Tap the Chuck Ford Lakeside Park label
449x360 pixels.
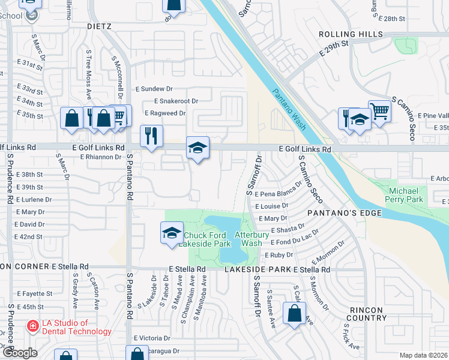[207, 239]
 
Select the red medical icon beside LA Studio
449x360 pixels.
[32, 327]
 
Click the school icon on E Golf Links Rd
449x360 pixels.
[197, 148]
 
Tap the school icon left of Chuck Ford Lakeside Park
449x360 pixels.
[172, 233]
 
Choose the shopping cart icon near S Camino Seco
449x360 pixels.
[379, 110]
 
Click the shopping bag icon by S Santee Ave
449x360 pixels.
[294, 313]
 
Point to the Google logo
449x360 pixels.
[20, 353]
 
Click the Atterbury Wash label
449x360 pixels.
[248, 239]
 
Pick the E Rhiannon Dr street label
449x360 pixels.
[100, 157]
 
